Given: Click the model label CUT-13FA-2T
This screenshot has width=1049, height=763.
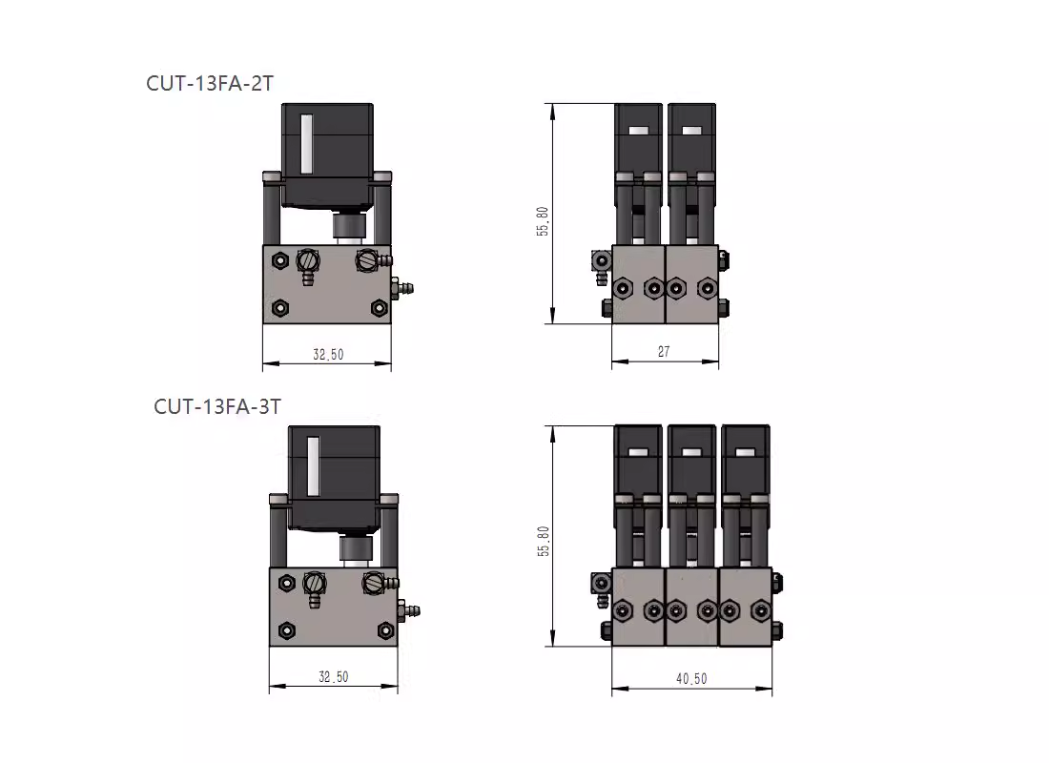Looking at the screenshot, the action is [x=210, y=83].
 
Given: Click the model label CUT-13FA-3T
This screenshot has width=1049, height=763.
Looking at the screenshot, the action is [x=217, y=406].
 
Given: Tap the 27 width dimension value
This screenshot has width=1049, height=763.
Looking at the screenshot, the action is [x=664, y=351].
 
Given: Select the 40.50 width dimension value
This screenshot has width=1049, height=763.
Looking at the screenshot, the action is [x=691, y=679].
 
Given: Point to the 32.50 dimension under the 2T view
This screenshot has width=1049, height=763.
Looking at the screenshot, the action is [x=328, y=354].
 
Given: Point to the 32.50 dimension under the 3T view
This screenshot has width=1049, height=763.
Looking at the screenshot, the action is [x=333, y=676].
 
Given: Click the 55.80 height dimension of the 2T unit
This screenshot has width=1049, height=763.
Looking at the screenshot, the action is [x=542, y=221].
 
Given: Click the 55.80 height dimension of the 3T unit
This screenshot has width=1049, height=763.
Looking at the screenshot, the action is [x=543, y=542].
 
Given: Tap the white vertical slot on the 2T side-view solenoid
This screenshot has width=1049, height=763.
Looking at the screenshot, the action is [x=306, y=143].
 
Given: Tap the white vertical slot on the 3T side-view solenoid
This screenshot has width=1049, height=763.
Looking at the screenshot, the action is [x=313, y=465].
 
